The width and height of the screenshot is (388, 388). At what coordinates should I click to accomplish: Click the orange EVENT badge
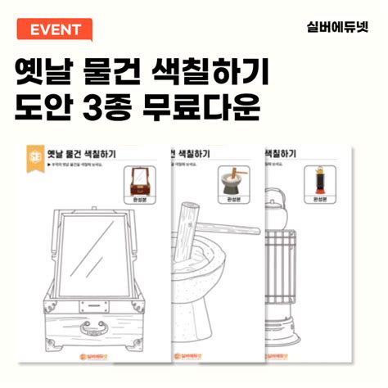point(55,30)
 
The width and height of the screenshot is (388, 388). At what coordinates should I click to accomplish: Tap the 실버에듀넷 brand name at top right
point(332,27)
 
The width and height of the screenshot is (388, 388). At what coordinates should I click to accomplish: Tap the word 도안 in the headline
point(47,107)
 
